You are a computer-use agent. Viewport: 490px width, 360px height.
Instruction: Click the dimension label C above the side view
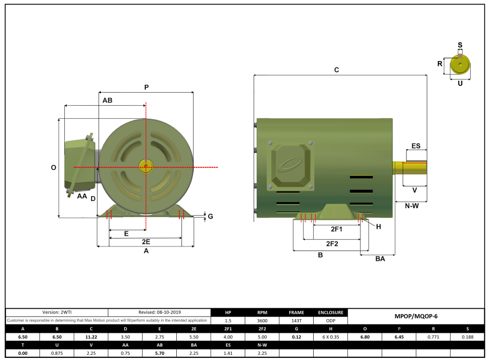[337, 70]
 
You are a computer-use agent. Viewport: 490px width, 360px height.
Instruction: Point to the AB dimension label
[107, 100]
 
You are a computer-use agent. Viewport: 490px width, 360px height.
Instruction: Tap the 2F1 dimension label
[336, 229]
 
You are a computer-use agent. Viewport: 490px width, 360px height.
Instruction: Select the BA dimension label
[380, 259]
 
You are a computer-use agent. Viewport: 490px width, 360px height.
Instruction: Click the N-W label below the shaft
[412, 206]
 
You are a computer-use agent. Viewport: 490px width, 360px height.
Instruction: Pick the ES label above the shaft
[416, 146]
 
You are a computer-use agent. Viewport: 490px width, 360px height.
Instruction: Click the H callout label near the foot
[379, 227]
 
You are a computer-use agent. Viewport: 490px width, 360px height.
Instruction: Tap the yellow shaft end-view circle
[460, 64]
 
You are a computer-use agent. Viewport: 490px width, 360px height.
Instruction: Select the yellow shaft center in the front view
[145, 167]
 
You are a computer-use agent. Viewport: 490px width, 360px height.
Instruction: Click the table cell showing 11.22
[91, 337]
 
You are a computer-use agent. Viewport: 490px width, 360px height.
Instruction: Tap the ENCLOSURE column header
[331, 312]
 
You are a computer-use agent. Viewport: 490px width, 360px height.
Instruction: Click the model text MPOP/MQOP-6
[415, 317]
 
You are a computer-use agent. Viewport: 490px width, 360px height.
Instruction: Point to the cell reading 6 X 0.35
[331, 337]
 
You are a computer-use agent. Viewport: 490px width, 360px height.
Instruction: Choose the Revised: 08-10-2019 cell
[159, 312]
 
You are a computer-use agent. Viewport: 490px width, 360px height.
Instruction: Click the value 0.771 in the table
[432, 337]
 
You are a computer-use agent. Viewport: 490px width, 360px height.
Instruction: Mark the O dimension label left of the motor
[53, 168]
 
